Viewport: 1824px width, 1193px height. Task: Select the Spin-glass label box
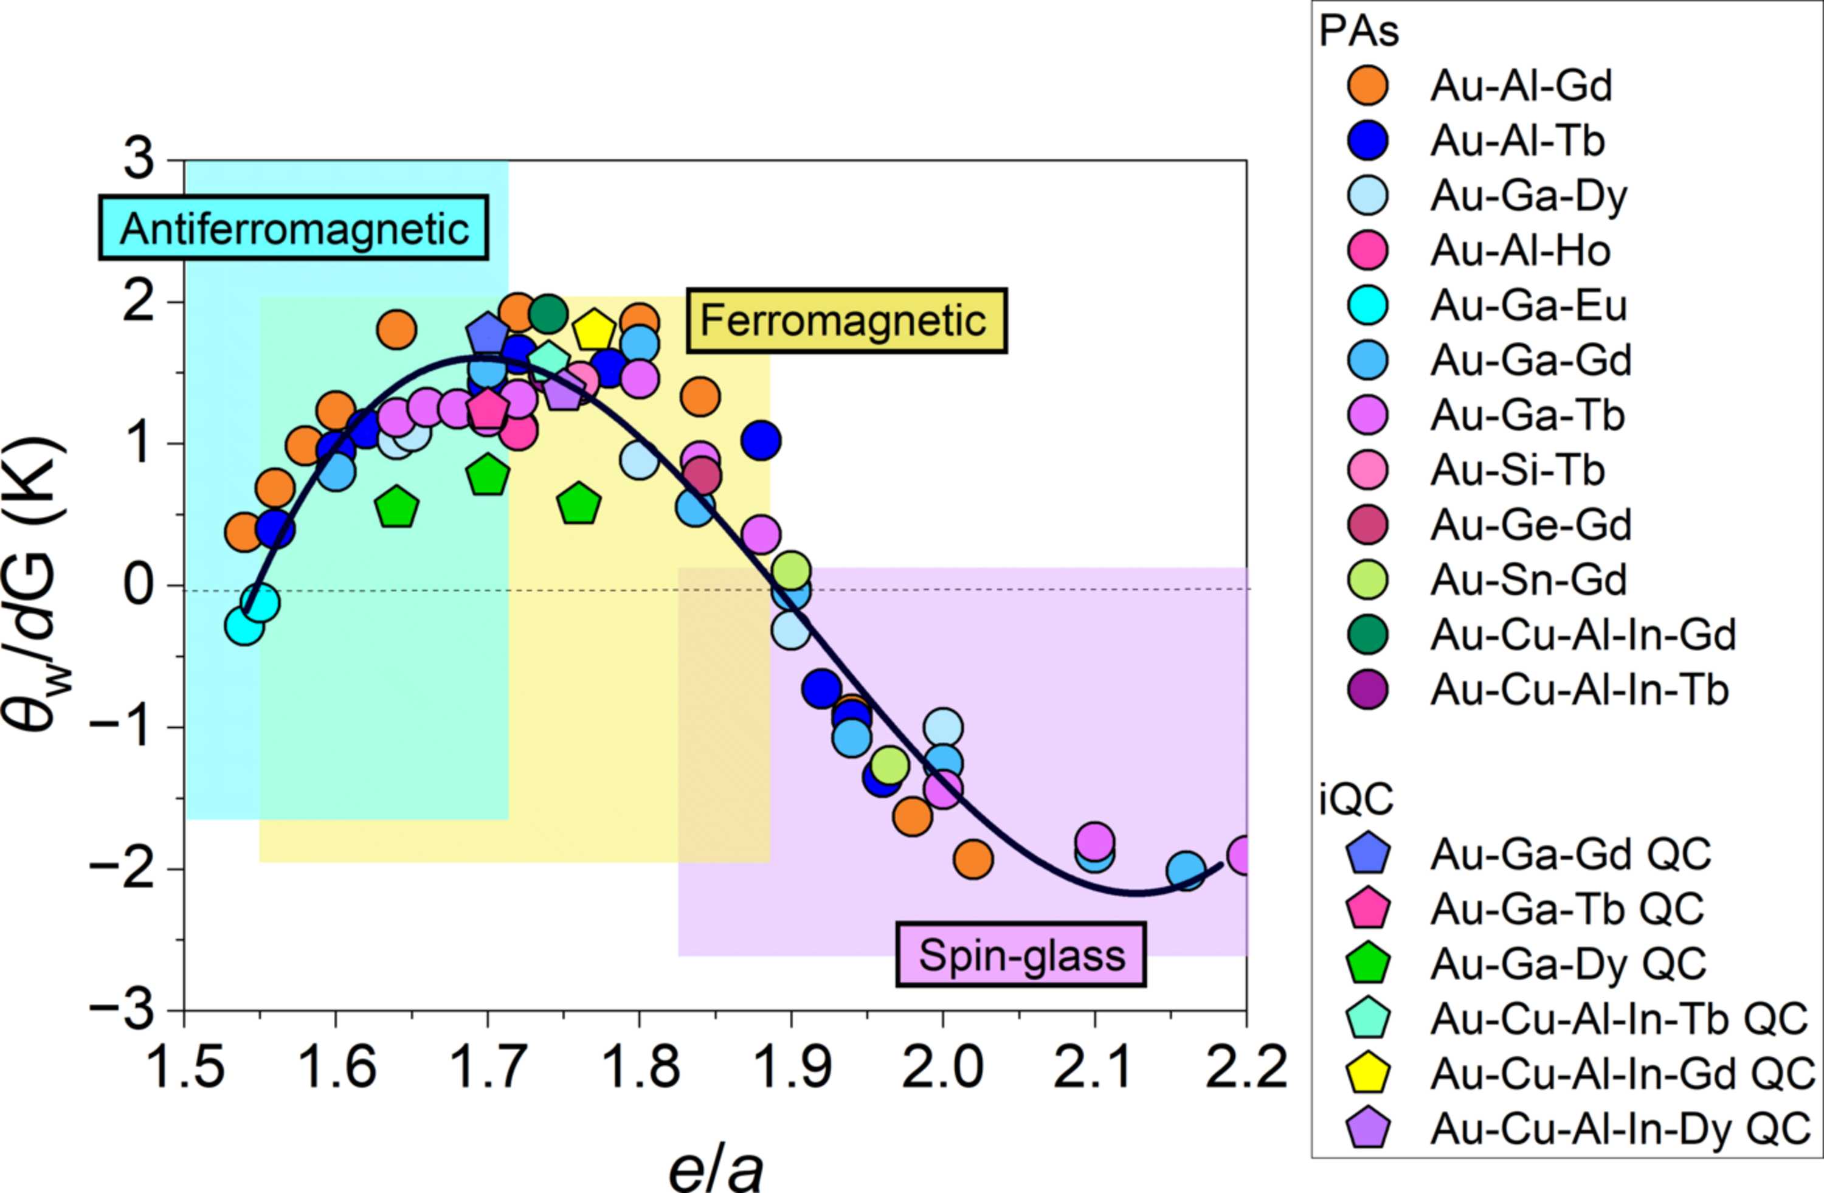[1021, 954]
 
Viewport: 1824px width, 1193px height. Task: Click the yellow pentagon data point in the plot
[594, 330]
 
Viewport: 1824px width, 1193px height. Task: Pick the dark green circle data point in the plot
[547, 313]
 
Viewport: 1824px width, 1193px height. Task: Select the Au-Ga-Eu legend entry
[1487, 306]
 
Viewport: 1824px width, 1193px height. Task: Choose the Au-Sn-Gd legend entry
[1487, 579]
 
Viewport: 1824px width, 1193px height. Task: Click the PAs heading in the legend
[1359, 32]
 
